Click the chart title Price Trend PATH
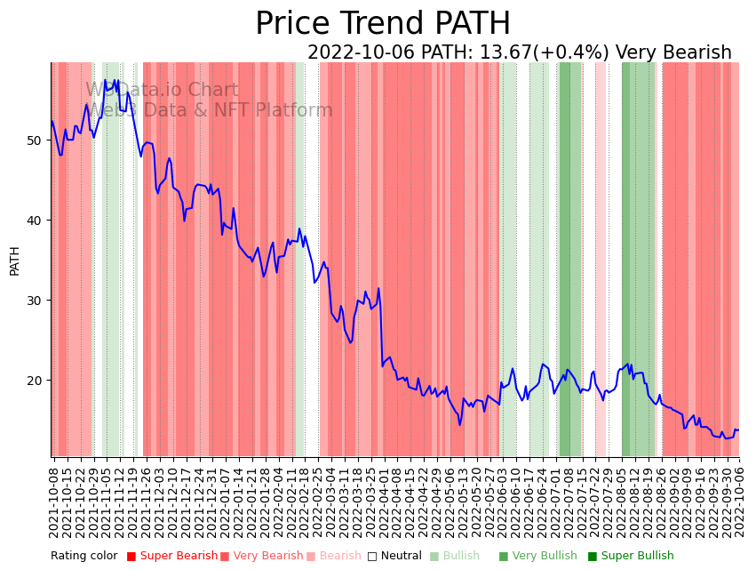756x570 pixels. click(x=383, y=24)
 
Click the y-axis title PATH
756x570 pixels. click(x=14, y=261)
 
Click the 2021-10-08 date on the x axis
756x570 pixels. click(x=53, y=502)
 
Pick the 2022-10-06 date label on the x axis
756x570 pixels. click(x=736, y=502)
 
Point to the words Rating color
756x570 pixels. click(x=84, y=557)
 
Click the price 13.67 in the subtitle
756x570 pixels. click(x=504, y=53)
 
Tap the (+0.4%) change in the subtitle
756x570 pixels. click(x=569, y=53)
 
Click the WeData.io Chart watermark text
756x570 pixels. click(x=162, y=91)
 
